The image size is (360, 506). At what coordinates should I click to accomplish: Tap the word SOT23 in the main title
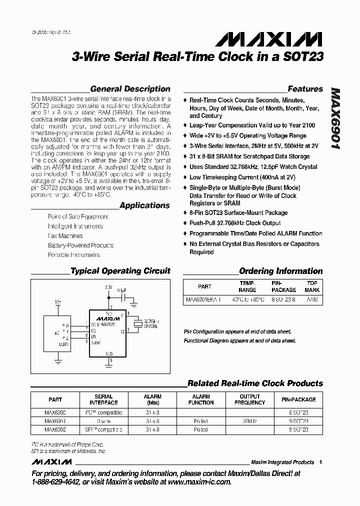pyautogui.click(x=303, y=57)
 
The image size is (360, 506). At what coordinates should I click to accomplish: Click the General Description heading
pyautogui.click(x=130, y=89)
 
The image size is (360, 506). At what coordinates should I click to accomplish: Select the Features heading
pyautogui.click(x=305, y=89)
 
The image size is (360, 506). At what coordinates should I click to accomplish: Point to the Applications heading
pyautogui.click(x=144, y=205)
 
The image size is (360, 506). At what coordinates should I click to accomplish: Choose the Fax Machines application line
pyautogui.click(x=65, y=235)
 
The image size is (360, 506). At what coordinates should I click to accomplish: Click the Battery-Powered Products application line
pyautogui.click(x=80, y=245)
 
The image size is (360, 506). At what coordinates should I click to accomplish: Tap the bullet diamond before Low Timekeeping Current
pyautogui.click(x=185, y=177)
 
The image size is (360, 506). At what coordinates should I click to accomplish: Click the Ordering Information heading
pyautogui.click(x=281, y=271)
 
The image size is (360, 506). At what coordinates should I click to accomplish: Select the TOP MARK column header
pyautogui.click(x=312, y=286)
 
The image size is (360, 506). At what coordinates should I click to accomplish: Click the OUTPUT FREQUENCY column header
pyautogui.click(x=250, y=399)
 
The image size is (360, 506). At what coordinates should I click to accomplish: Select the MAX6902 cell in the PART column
pyautogui.click(x=55, y=429)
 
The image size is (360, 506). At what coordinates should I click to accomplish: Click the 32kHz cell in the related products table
pyautogui.click(x=250, y=421)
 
